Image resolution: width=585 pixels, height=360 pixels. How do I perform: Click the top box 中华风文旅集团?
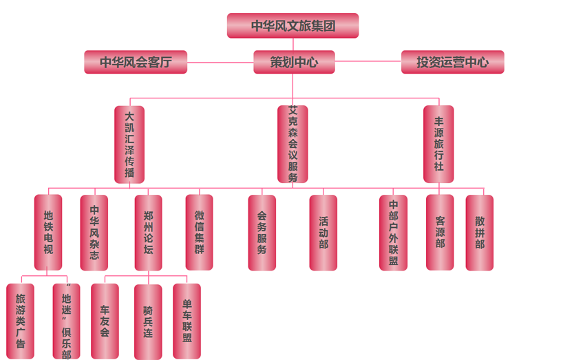point(292,26)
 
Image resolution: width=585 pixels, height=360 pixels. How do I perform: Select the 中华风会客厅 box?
point(136,62)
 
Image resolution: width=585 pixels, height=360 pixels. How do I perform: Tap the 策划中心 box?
point(294,62)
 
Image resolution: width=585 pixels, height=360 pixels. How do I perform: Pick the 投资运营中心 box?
point(452,62)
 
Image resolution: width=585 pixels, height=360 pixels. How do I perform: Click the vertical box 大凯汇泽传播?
point(129,145)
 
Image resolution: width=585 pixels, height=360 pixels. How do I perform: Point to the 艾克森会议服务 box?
point(292,145)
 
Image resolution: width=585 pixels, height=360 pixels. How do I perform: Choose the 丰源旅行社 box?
point(438,145)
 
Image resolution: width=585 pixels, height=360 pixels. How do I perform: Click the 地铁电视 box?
point(48,232)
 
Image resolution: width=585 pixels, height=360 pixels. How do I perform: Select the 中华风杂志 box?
point(94,232)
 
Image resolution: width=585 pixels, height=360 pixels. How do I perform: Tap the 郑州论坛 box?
point(148,232)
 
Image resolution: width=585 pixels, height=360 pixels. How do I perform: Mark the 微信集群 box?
point(199,232)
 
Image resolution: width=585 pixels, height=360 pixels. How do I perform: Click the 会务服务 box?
point(262,232)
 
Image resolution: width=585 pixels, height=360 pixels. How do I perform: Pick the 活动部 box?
point(323,232)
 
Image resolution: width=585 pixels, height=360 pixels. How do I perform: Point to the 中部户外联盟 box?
point(393,232)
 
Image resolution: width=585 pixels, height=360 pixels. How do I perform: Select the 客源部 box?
point(440,232)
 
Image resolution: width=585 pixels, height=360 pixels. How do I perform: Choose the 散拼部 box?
point(479,232)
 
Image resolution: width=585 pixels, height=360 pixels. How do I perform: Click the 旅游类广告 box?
point(20,321)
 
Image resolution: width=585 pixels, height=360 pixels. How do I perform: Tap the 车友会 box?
point(105,321)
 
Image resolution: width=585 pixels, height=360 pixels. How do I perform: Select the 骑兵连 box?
point(148,321)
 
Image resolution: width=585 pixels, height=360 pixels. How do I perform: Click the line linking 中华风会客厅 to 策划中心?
point(220,63)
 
